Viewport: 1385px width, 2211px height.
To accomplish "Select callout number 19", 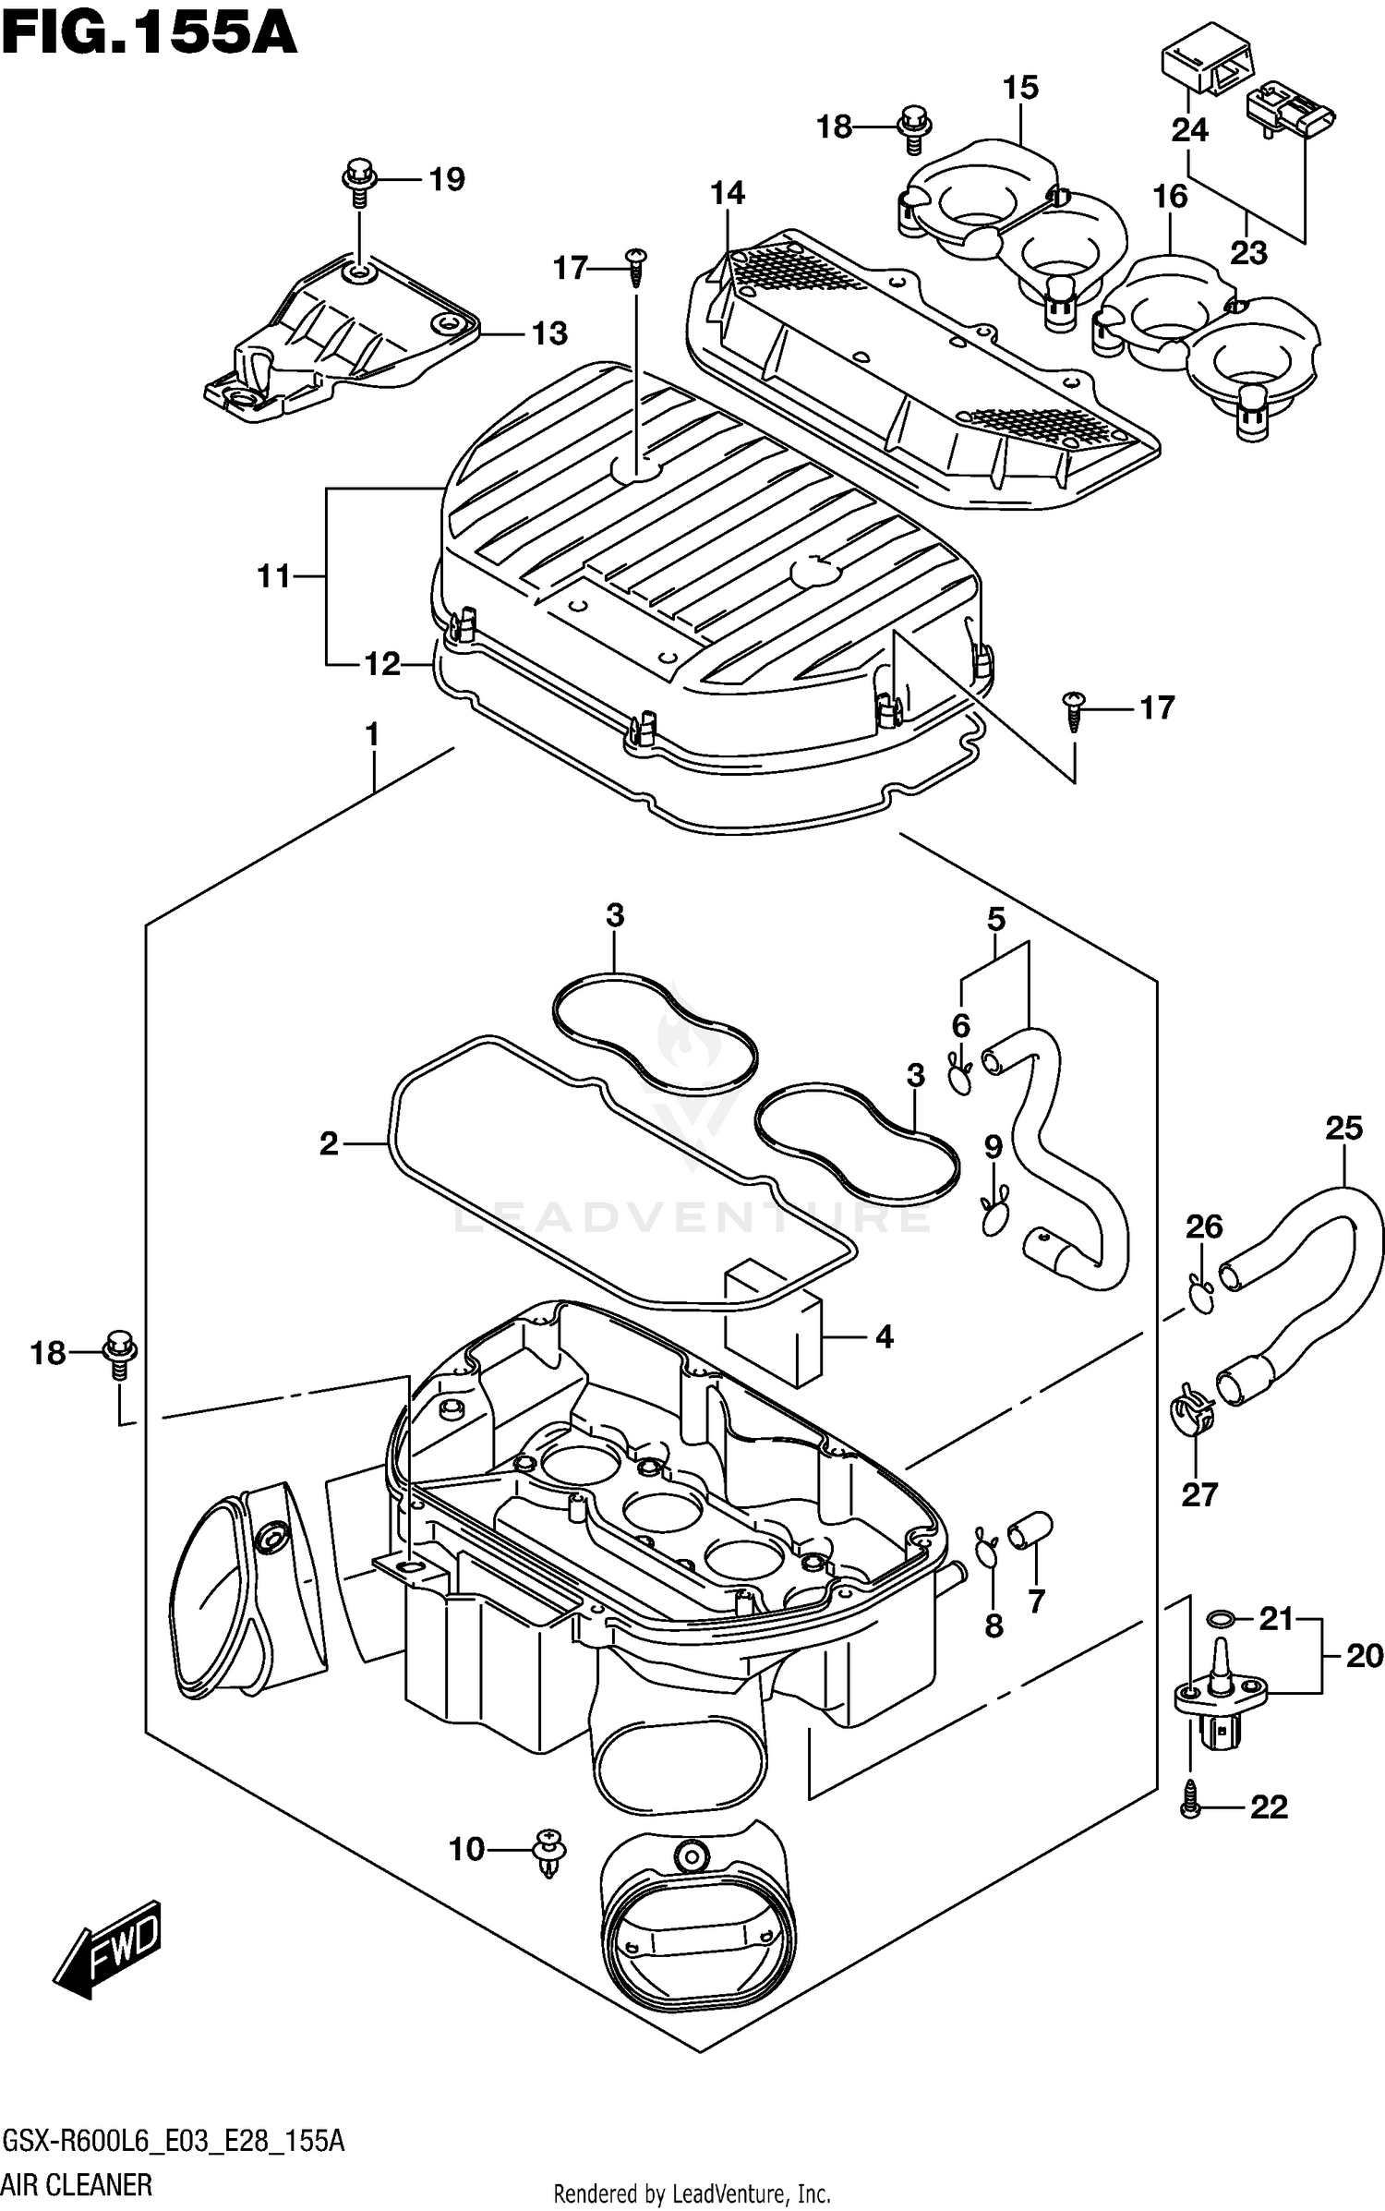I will click(x=447, y=179).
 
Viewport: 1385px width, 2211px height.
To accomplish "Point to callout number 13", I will click(x=549, y=333).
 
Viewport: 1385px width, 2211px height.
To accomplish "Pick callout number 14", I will click(x=728, y=193).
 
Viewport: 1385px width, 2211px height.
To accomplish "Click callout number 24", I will click(x=1190, y=130).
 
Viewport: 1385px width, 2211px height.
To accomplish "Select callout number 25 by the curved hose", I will click(x=1343, y=1128).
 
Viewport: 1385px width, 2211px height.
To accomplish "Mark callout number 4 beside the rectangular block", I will click(x=884, y=1336).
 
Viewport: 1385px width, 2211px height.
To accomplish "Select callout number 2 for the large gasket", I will click(x=330, y=1144).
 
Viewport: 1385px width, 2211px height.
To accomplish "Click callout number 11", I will click(x=274, y=576).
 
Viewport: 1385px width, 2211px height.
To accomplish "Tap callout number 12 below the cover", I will click(x=382, y=663).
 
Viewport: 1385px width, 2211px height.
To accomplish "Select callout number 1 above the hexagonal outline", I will click(x=372, y=736).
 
